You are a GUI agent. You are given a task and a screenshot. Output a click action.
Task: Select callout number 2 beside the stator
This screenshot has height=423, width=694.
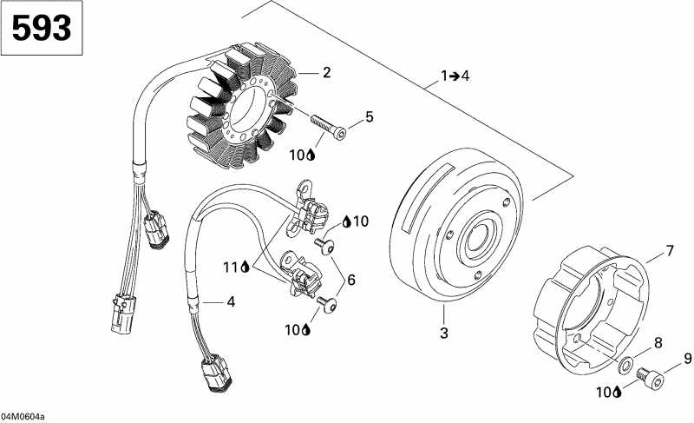[327, 73]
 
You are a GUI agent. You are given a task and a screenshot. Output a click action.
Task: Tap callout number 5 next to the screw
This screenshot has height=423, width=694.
[370, 116]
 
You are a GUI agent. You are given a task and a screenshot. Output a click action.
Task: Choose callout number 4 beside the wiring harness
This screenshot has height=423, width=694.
[231, 302]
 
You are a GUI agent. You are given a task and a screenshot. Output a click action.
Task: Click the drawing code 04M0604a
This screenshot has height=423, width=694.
[23, 417]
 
